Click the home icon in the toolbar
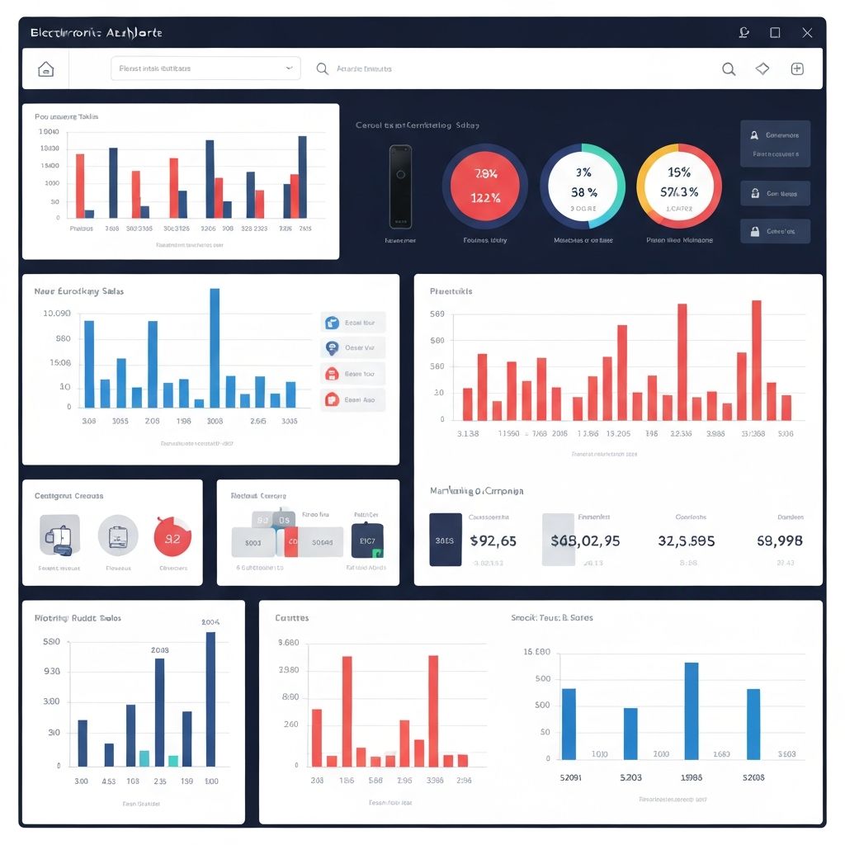(46, 69)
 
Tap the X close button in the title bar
(807, 33)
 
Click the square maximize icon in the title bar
(775, 33)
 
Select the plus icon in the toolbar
(797, 69)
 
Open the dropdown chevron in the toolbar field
(288, 68)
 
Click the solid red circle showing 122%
(485, 186)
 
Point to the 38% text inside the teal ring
(583, 192)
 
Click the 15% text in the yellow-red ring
(679, 172)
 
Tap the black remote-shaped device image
(400, 186)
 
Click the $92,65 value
(493, 541)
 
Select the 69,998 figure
(780, 541)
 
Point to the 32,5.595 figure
(687, 541)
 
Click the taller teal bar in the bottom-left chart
(144, 758)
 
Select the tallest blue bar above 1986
(692, 710)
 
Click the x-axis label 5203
(630, 777)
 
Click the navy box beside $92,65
(446, 540)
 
